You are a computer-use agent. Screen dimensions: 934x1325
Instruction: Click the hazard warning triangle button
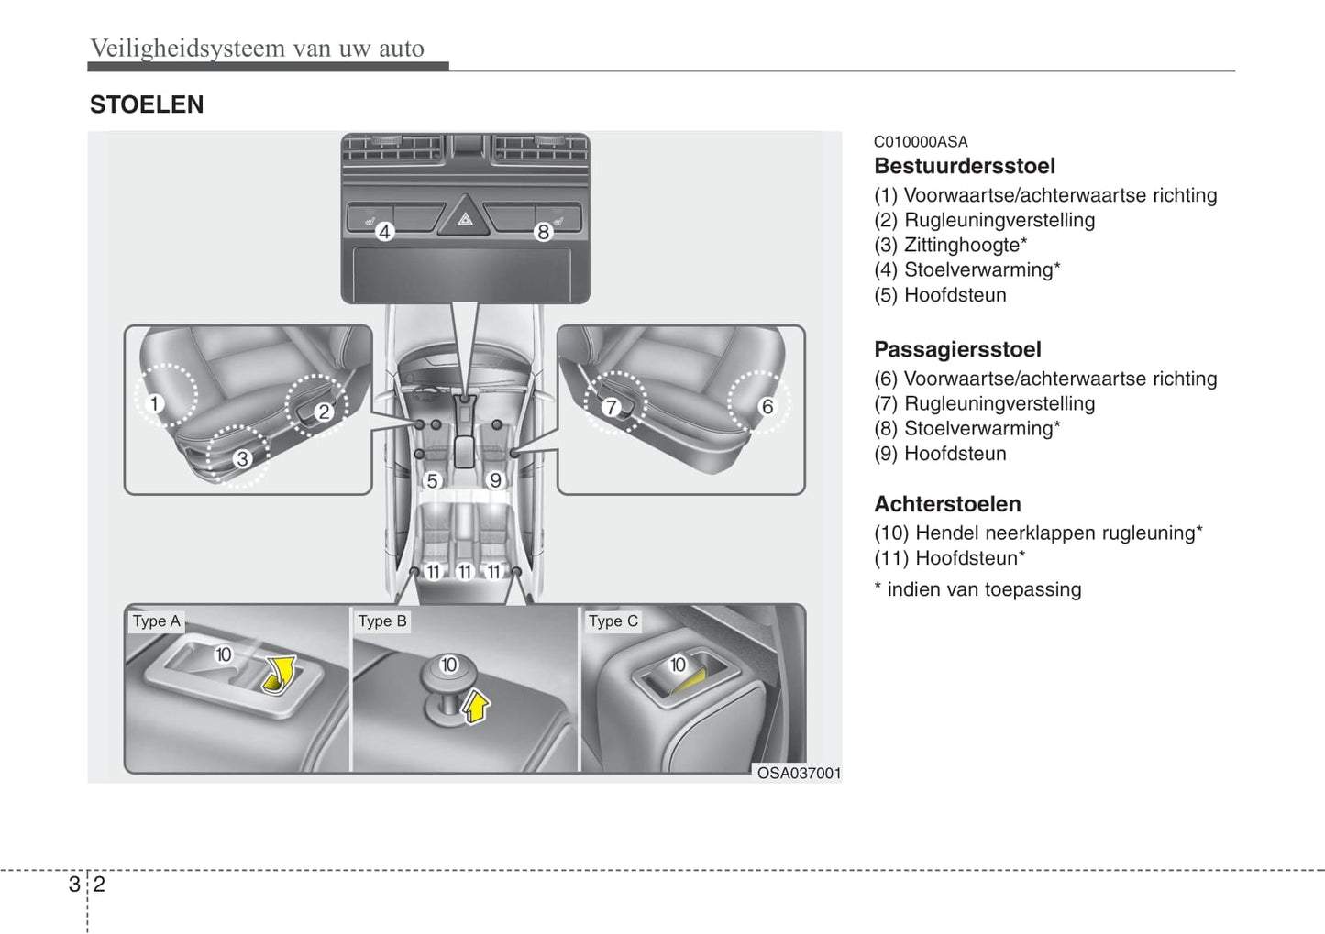point(464,218)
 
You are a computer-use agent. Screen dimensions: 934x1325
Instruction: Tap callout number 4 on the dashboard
point(385,232)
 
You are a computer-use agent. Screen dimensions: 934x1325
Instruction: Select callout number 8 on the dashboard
point(543,232)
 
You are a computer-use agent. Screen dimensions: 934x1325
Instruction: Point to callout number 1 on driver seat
point(155,403)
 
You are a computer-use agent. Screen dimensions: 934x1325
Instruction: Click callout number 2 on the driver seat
point(323,412)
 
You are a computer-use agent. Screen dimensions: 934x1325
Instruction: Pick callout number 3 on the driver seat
point(242,458)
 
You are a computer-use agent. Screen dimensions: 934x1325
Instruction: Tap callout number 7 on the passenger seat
point(612,407)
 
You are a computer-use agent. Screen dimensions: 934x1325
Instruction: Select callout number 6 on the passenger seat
point(767,406)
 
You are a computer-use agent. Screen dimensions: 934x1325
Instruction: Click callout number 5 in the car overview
point(432,480)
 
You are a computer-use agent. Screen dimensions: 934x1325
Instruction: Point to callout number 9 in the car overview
point(495,480)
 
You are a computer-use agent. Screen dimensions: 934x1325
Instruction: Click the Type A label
point(157,621)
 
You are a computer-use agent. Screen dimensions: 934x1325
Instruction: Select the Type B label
point(382,621)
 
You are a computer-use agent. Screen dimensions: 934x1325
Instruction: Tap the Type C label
point(613,621)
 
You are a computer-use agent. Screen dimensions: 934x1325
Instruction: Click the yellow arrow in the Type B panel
point(475,707)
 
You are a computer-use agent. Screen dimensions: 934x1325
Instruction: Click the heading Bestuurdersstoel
point(964,166)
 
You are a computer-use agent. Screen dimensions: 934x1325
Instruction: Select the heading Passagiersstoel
point(957,349)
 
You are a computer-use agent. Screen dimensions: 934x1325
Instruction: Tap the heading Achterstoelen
point(947,504)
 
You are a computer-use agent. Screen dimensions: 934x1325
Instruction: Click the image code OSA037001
point(799,773)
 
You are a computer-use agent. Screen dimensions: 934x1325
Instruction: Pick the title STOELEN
point(147,104)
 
